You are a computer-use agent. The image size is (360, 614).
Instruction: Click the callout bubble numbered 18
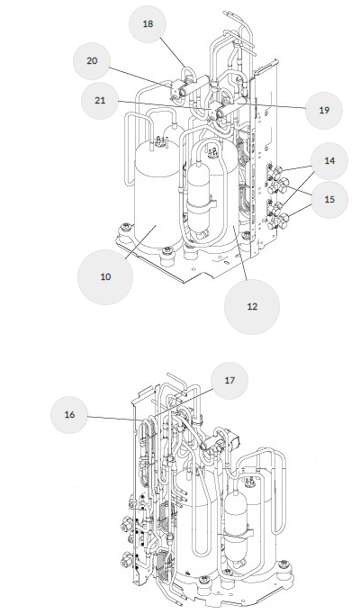(148, 24)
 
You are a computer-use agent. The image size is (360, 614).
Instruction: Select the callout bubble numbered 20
(92, 61)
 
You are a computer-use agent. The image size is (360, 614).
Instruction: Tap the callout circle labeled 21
(100, 101)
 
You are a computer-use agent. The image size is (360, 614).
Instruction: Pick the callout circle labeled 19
(324, 111)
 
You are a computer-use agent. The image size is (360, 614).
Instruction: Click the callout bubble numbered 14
(329, 161)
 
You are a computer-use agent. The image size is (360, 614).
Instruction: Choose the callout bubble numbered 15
(329, 199)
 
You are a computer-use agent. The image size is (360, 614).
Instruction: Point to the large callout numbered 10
(105, 277)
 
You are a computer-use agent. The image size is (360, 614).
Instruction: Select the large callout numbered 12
(252, 307)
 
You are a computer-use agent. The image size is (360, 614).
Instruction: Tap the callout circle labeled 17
(229, 381)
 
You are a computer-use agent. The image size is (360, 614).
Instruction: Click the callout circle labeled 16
(69, 415)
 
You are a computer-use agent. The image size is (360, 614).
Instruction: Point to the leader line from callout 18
(172, 52)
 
